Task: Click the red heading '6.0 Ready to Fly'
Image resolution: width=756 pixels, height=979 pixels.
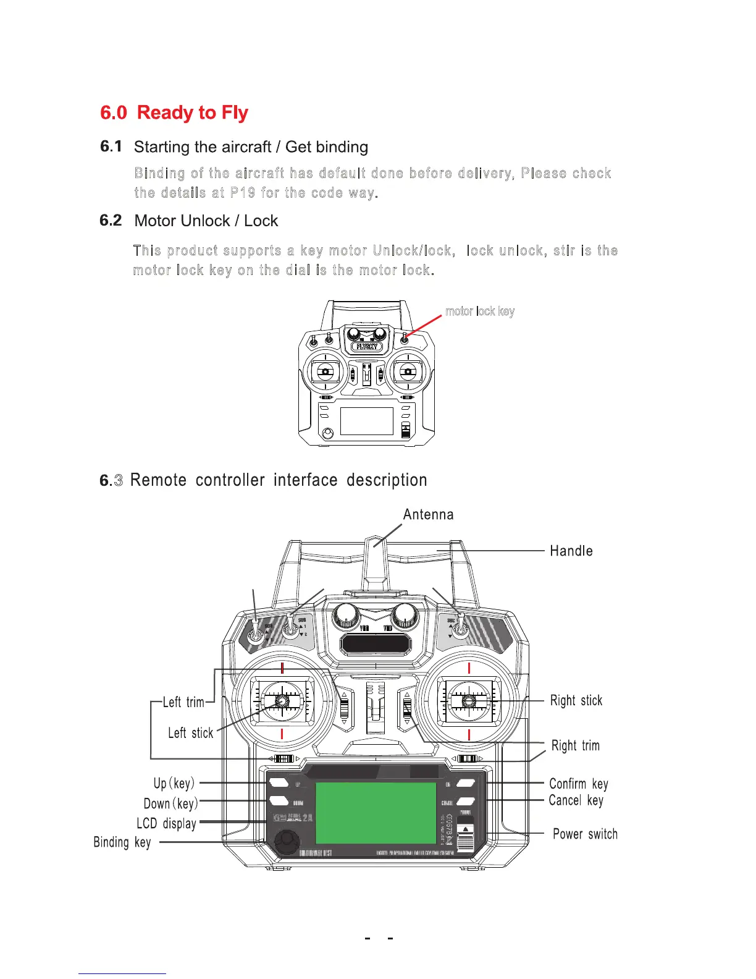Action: click(x=174, y=113)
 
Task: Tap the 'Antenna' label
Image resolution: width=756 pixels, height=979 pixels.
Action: click(x=428, y=515)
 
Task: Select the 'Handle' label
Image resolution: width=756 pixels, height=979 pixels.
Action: click(x=571, y=551)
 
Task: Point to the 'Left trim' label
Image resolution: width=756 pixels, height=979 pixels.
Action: click(x=183, y=702)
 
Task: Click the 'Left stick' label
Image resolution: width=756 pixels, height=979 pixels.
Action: click(x=190, y=733)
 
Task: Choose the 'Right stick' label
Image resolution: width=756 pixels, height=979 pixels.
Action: click(x=576, y=701)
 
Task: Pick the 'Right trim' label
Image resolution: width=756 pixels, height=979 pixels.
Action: click(x=576, y=746)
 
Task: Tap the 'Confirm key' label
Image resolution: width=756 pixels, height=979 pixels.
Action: click(x=579, y=784)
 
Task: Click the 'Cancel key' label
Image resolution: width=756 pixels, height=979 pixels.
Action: click(x=576, y=801)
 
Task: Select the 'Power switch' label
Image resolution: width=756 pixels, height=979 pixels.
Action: click(x=585, y=834)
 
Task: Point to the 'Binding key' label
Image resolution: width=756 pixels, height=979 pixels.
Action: click(x=122, y=842)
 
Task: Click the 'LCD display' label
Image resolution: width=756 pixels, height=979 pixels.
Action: click(x=167, y=824)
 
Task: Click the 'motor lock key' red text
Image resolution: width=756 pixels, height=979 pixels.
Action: click(x=480, y=311)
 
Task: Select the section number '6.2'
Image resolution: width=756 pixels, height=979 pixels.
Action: click(x=111, y=221)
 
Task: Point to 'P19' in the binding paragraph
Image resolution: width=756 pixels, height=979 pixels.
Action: click(x=243, y=193)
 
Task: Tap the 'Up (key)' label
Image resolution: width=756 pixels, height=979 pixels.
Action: click(x=174, y=784)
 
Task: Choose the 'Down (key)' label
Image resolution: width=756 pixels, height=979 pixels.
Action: click(x=170, y=804)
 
